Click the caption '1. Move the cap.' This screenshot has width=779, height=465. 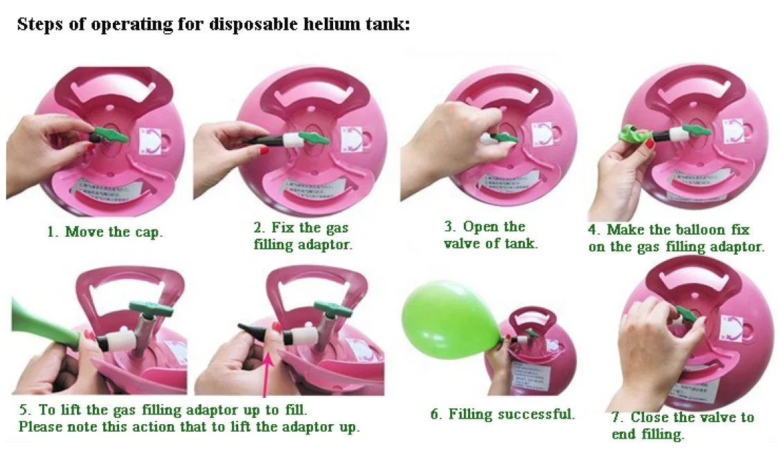105,232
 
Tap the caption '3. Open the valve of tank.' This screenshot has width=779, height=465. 490,235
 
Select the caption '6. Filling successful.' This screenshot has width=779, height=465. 502,414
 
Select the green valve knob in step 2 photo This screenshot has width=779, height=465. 313,138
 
